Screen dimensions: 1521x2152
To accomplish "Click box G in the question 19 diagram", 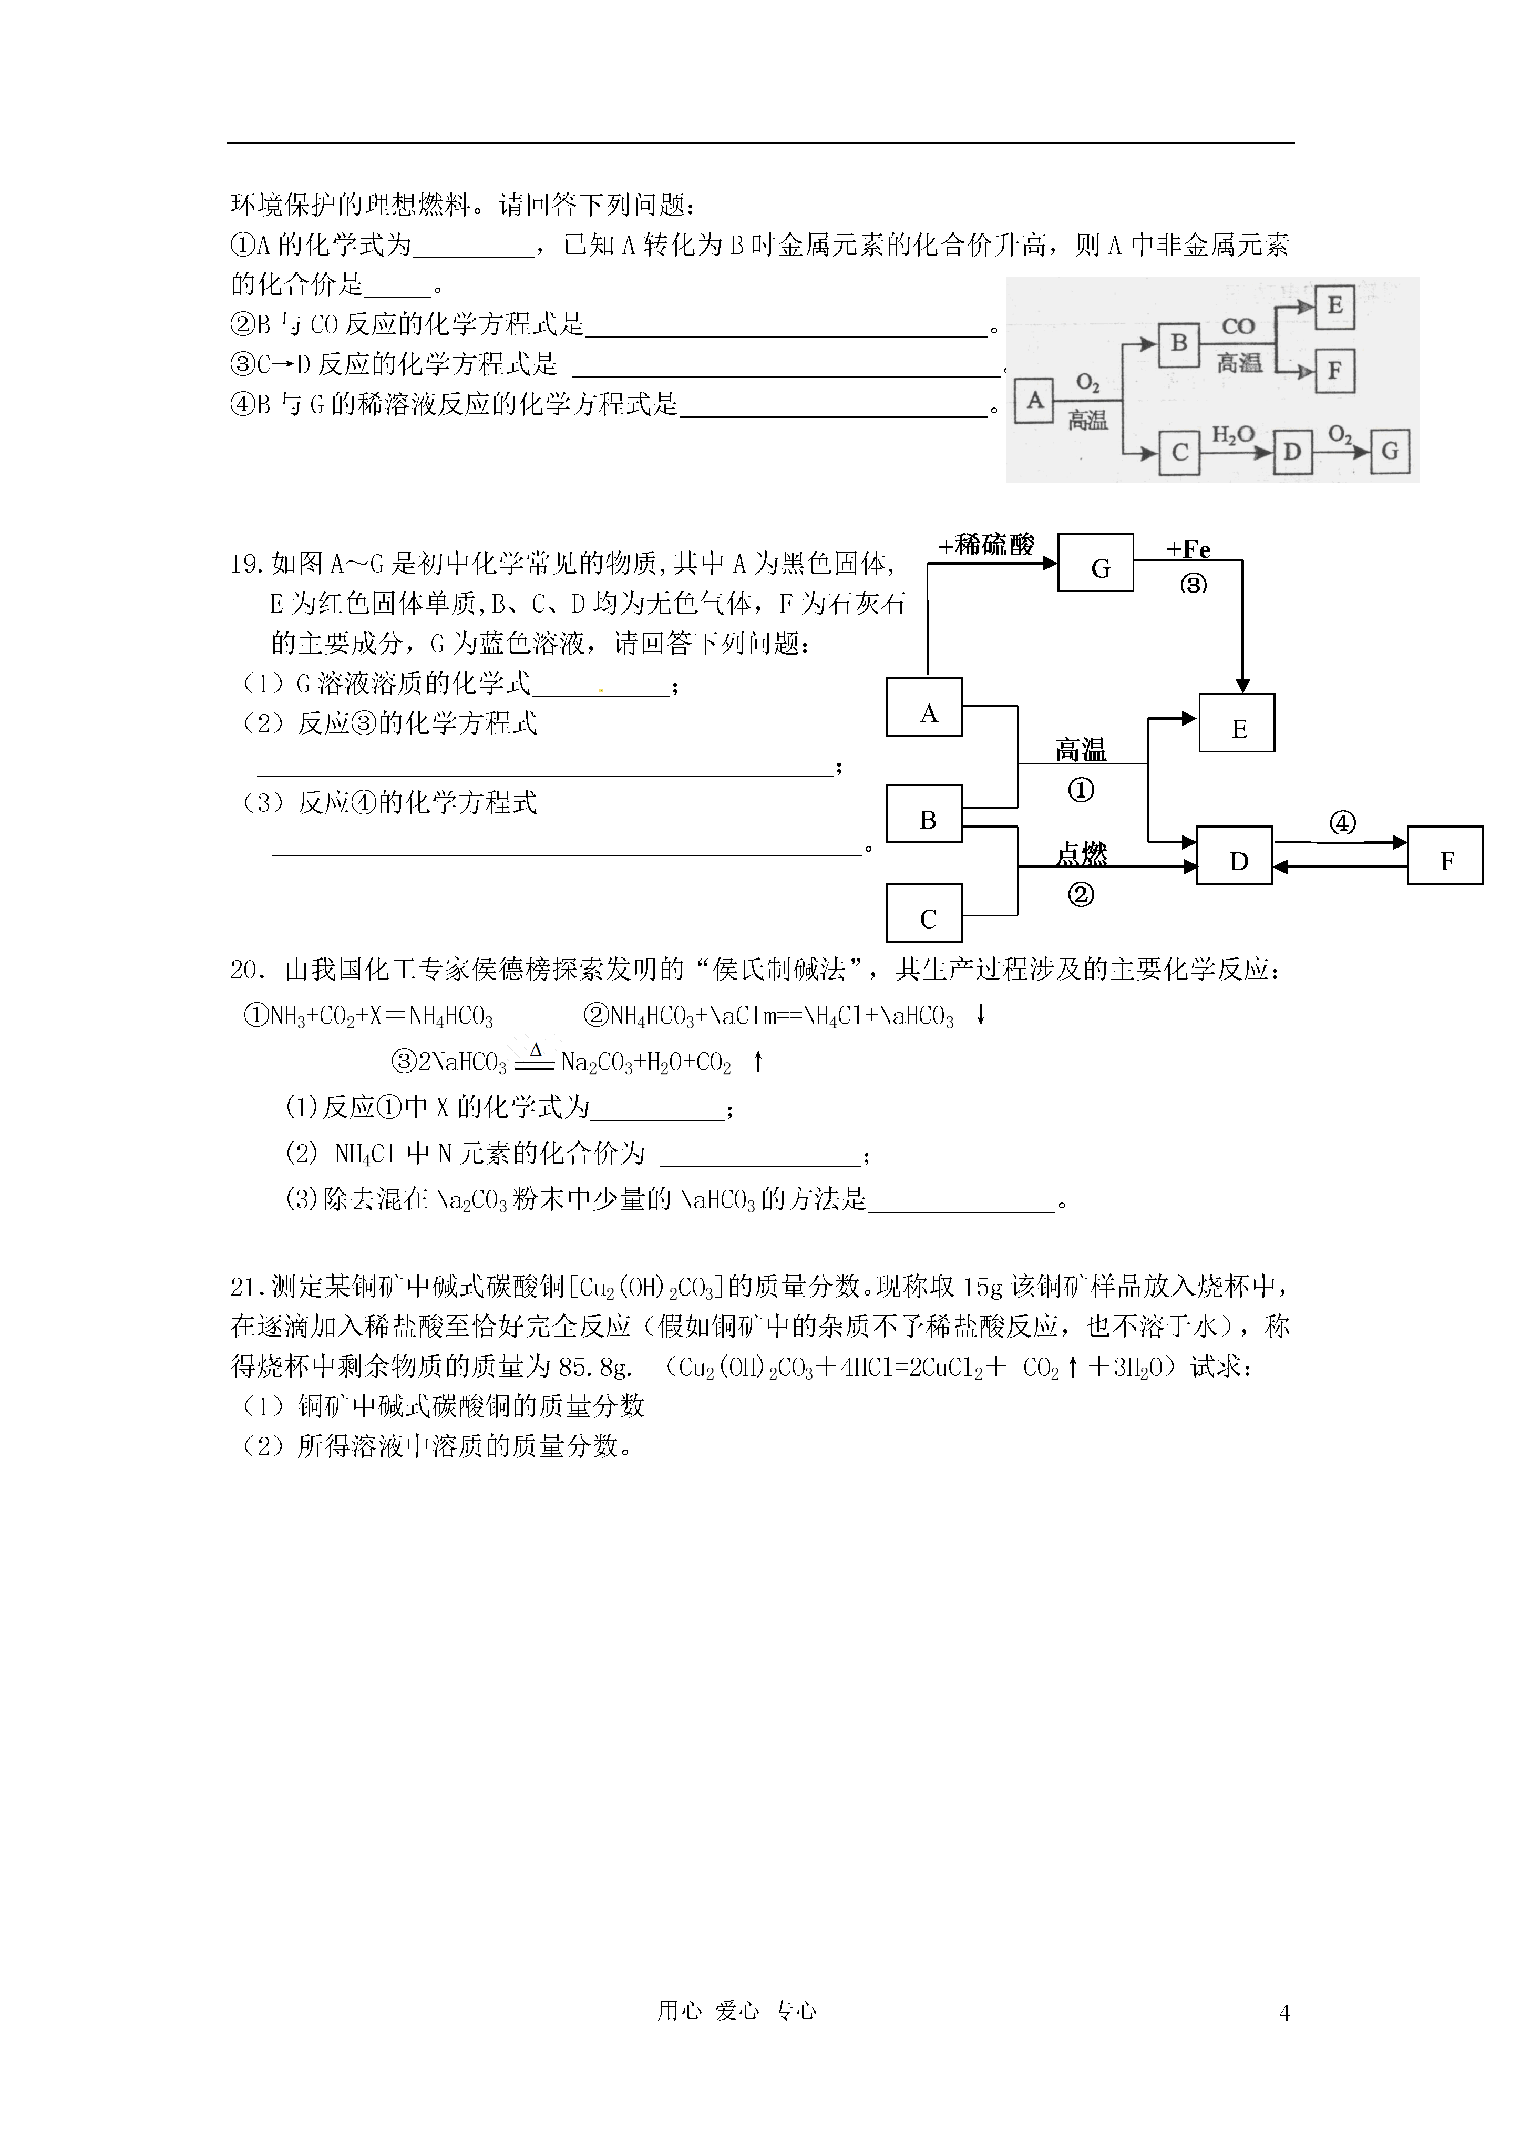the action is pyautogui.click(x=1095, y=563).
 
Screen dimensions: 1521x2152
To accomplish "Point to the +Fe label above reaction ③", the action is pyautogui.click(x=1188, y=549).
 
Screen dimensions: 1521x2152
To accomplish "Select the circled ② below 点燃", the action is pyautogui.click(x=1081, y=894).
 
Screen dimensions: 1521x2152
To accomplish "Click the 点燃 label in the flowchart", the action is pyautogui.click(x=1082, y=853).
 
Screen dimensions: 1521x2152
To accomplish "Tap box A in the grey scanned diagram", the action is pyautogui.click(x=1035, y=400).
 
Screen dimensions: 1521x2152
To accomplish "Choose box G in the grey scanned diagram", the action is pyautogui.click(x=1390, y=451).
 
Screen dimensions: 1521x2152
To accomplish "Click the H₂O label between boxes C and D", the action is pyautogui.click(x=1234, y=434).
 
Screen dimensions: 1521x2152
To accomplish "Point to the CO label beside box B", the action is pyautogui.click(x=1238, y=326).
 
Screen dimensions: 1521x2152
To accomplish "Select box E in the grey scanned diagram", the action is pyautogui.click(x=1334, y=307).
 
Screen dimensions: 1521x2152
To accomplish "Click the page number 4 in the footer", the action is pyautogui.click(x=1284, y=2012).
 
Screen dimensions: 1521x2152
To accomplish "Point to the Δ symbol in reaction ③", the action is pyautogui.click(x=536, y=1049).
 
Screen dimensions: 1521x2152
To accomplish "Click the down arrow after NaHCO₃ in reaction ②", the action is pyautogui.click(x=980, y=1015).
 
